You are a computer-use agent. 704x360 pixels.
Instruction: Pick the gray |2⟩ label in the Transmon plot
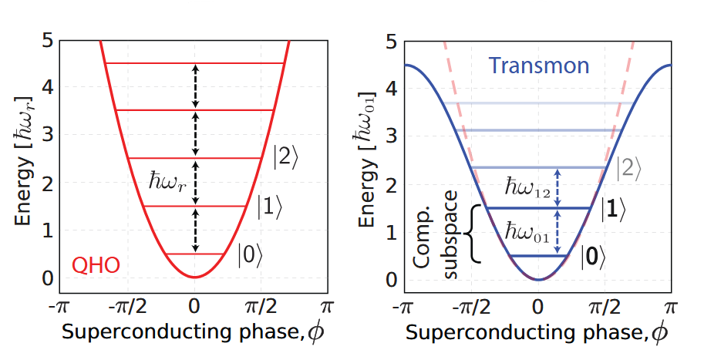(628, 167)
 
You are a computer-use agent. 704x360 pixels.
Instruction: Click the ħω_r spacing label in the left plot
(168, 182)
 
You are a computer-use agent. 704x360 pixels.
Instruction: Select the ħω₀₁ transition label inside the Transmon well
(527, 231)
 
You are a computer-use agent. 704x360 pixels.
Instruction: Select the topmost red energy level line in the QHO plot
(196, 63)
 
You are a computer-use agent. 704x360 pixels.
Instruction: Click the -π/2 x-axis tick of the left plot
(129, 306)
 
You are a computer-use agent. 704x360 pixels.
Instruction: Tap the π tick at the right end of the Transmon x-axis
(672, 306)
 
